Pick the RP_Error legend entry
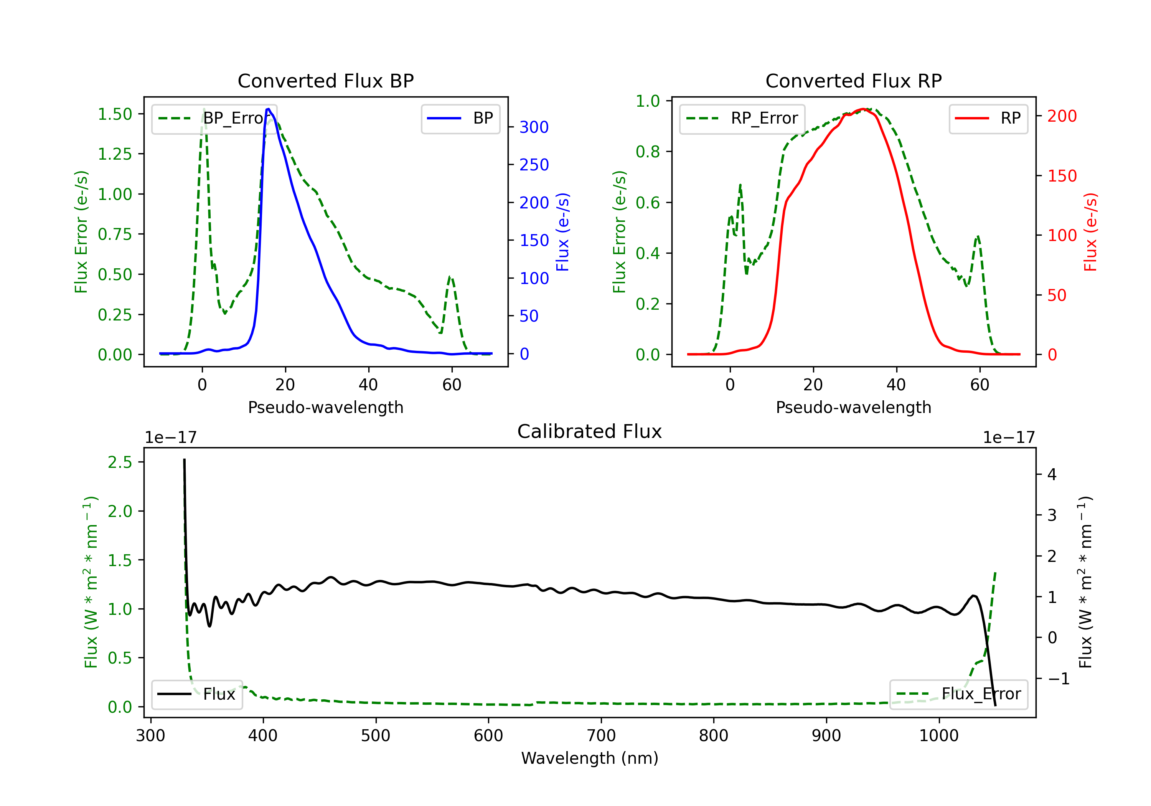(x=742, y=118)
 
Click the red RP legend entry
(x=988, y=118)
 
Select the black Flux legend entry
(x=196, y=694)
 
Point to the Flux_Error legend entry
(x=958, y=694)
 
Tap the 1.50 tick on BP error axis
(x=115, y=114)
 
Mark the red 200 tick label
(x=1062, y=116)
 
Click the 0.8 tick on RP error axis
(x=647, y=152)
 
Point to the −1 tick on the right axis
(x=1058, y=679)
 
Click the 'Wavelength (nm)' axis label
(x=590, y=758)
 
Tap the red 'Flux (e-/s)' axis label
(x=1090, y=232)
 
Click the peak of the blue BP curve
(x=268, y=109)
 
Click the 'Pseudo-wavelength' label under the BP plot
(x=325, y=407)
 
